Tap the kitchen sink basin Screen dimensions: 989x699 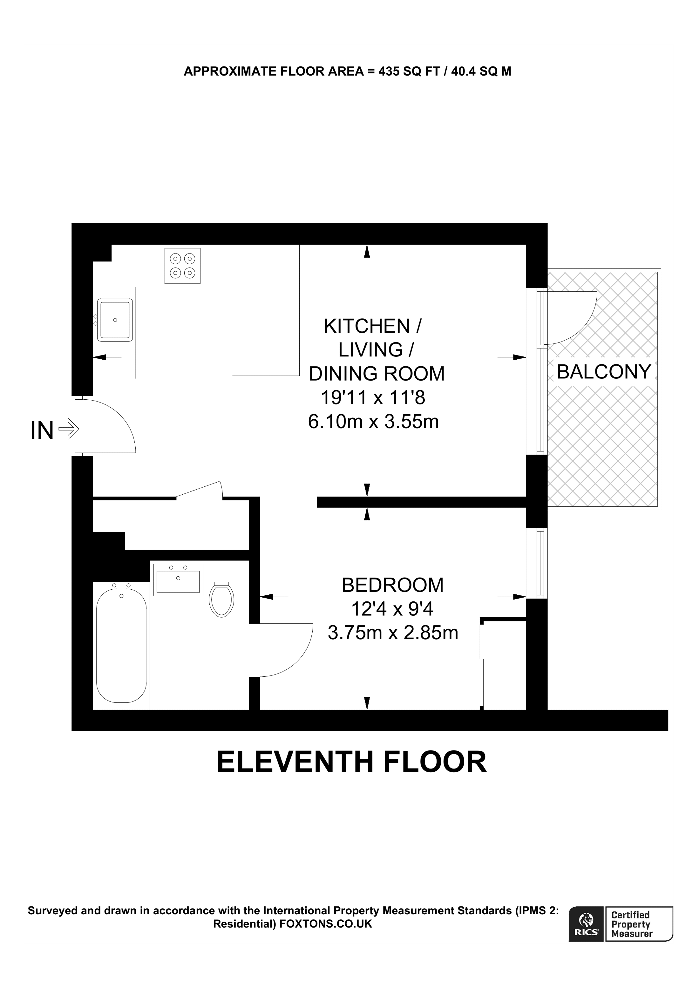pyautogui.click(x=115, y=320)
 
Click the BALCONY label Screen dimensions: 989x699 pyautogui.click(x=603, y=371)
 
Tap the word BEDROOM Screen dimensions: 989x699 pyautogui.click(x=392, y=585)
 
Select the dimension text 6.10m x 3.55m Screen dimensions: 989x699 pyautogui.click(x=373, y=421)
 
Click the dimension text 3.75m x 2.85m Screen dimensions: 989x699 pyautogui.click(x=392, y=633)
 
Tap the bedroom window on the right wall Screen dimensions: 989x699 pyautogui.click(x=537, y=563)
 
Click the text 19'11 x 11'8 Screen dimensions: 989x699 pyautogui.click(x=373, y=397)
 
